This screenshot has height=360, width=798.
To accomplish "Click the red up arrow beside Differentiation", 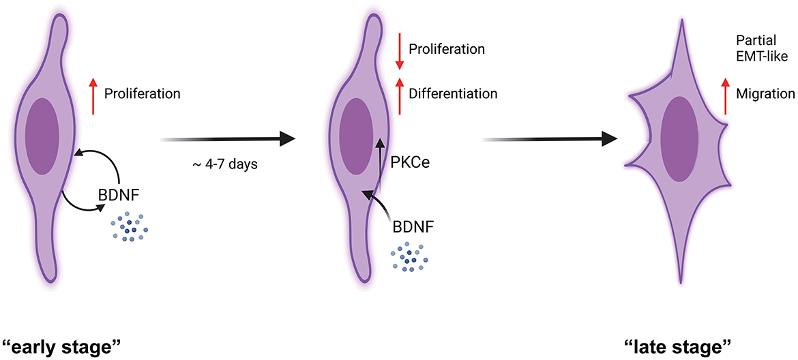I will pyautogui.click(x=399, y=96).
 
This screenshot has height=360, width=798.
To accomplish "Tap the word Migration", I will pyautogui.click(x=765, y=93).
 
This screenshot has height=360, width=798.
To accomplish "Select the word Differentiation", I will pyautogui.click(x=452, y=93).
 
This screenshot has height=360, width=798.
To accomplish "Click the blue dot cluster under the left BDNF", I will pyautogui.click(x=128, y=226).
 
